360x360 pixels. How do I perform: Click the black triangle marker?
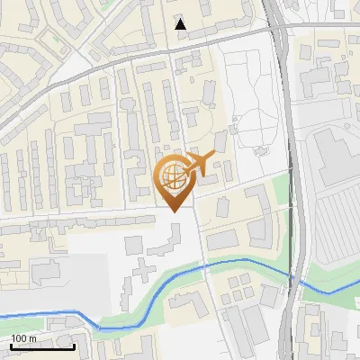[x=181, y=24]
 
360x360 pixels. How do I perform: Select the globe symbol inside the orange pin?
[x=174, y=175]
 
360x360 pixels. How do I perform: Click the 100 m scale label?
[x=23, y=338]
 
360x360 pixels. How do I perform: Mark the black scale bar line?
[x=41, y=346]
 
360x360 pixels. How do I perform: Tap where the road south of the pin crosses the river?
[x=205, y=264]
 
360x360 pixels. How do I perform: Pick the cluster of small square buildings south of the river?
[x=238, y=287]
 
